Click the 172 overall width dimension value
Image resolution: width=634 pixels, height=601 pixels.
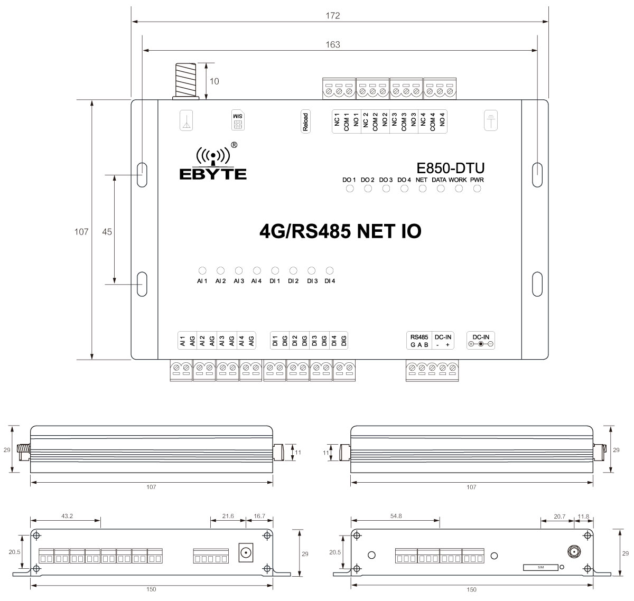coord(332,16)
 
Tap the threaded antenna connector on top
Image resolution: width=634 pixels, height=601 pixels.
coord(185,80)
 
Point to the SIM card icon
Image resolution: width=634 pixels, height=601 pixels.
coord(238,120)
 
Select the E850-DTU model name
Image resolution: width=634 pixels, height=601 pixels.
coord(450,168)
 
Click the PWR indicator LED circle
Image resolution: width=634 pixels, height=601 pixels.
coord(477,189)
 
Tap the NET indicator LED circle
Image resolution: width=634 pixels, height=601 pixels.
coord(422,189)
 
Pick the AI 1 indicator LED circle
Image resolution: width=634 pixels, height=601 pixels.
coord(202,269)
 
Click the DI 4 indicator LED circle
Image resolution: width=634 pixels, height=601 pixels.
coord(330,269)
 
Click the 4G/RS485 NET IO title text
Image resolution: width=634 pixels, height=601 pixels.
coord(341,231)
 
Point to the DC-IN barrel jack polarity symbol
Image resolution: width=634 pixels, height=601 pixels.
coord(481,344)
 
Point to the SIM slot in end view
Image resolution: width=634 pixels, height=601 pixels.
coord(540,567)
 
